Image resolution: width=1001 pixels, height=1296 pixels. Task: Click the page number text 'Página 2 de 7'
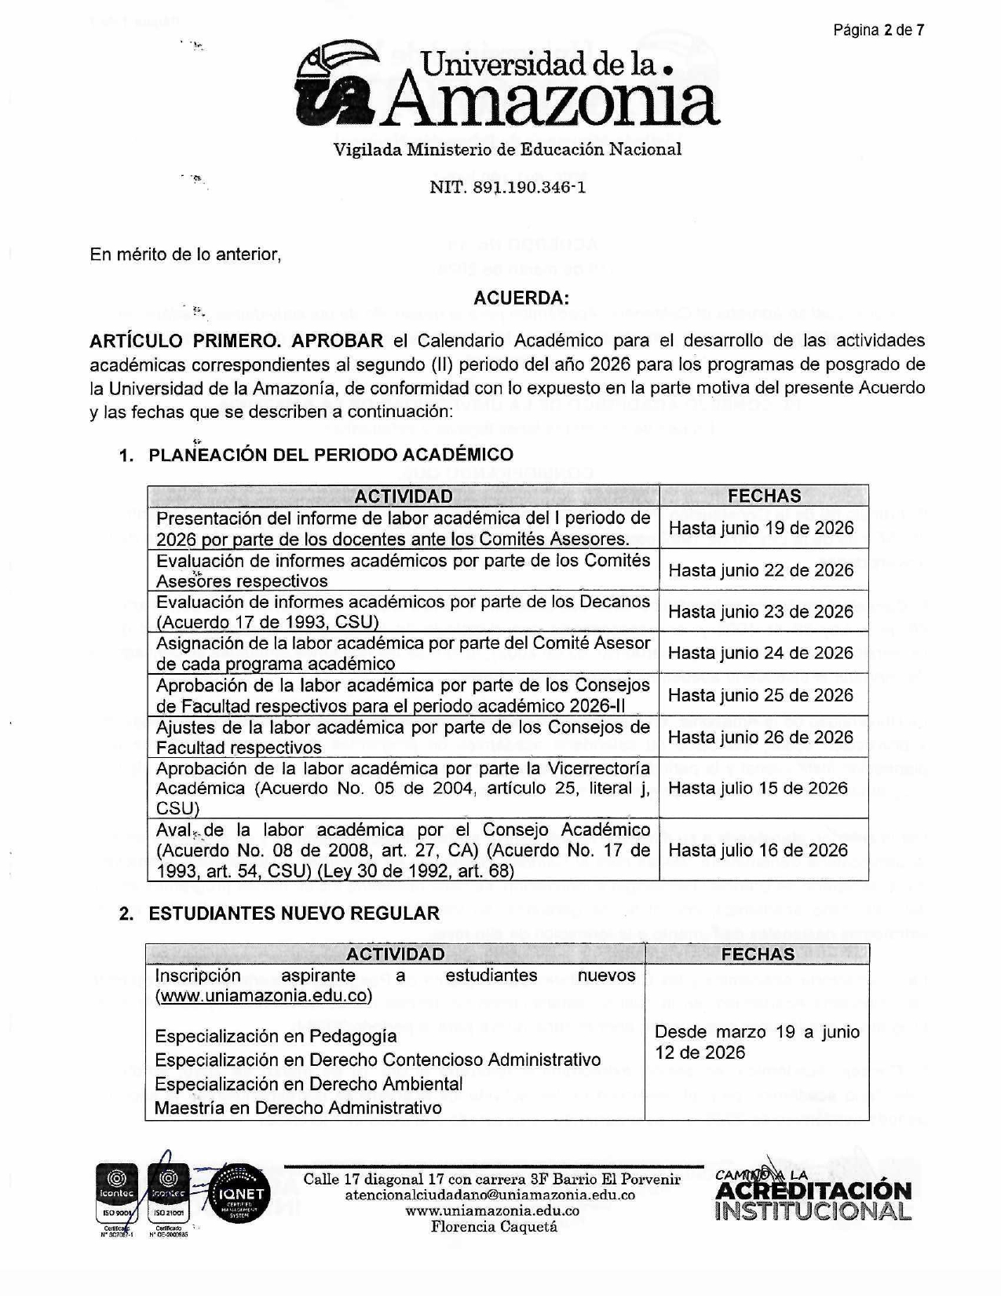click(879, 31)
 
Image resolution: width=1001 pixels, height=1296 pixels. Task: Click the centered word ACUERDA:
click(521, 298)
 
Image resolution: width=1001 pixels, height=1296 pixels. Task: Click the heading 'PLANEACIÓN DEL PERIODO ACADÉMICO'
click(331, 455)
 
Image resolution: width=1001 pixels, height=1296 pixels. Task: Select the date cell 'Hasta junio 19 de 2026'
click(761, 528)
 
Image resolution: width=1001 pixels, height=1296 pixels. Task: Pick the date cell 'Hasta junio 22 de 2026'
click(761, 570)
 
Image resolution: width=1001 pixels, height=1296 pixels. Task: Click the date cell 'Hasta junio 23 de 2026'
click(761, 612)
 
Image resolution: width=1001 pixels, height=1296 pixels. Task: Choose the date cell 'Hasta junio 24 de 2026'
click(761, 653)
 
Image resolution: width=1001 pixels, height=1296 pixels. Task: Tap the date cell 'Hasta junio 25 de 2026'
click(761, 695)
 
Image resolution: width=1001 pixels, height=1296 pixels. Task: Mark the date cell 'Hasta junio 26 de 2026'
click(761, 737)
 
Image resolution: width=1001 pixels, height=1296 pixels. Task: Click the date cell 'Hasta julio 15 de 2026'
click(758, 788)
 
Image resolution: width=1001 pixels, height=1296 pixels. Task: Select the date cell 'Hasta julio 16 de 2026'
click(758, 850)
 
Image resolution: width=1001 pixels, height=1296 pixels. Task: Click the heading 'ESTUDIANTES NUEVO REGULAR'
click(294, 913)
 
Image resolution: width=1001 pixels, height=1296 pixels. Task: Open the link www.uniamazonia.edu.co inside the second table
click(264, 996)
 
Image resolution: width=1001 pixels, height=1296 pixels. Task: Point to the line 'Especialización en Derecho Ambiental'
click(309, 1084)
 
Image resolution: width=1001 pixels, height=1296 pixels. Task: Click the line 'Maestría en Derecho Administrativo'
click(298, 1108)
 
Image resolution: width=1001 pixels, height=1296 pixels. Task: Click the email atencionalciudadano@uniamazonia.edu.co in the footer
click(491, 1195)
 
